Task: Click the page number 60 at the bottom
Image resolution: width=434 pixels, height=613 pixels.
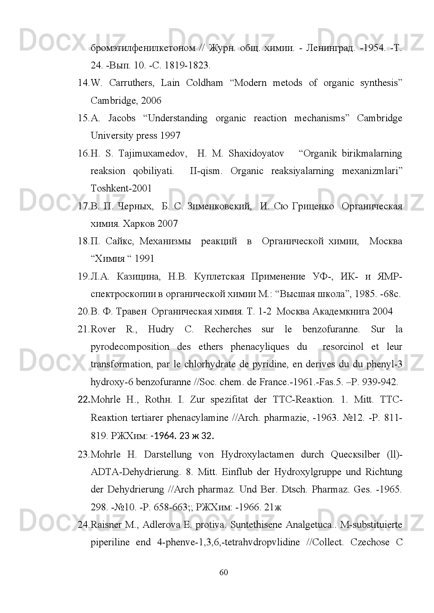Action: coord(224,573)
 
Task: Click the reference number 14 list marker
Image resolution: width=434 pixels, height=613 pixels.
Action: coord(83,83)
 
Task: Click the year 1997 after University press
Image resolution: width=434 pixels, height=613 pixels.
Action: coord(170,136)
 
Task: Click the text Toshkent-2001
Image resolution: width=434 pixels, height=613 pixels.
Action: coord(121,189)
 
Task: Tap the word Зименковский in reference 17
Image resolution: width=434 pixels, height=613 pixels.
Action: coord(219,206)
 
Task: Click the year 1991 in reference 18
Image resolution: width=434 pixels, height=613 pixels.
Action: coord(144,259)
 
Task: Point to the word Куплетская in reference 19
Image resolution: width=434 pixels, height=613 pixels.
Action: coord(219,277)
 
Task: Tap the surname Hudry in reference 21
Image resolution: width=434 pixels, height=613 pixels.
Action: coord(161,329)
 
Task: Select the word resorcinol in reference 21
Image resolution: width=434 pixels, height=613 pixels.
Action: coord(343,347)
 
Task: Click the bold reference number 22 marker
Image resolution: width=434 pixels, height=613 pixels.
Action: coord(84,400)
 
